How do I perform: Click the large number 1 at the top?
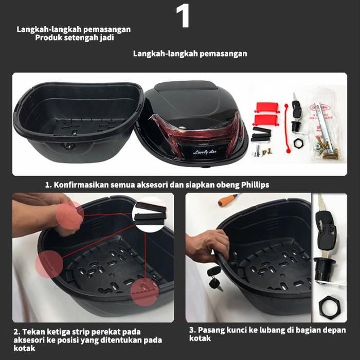pyautogui.click(x=183, y=16)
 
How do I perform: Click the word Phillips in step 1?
pyautogui.click(x=255, y=185)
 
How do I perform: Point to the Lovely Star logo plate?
pyautogui.click(x=205, y=152)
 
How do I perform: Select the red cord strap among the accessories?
pyautogui.click(x=287, y=128)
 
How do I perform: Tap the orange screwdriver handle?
pyautogui.click(x=224, y=201)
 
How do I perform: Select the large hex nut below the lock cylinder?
pyautogui.click(x=329, y=305)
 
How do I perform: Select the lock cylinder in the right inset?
pyautogui.click(x=323, y=271)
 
